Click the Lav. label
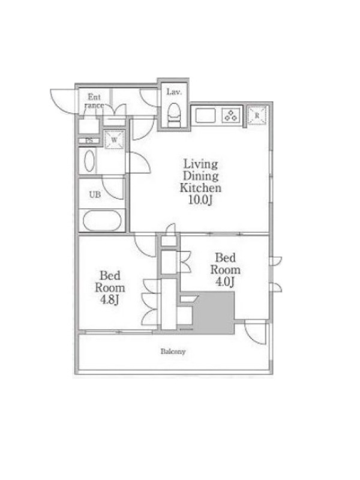point(174,92)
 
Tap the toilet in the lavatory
point(175,115)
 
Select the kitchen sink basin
point(205,115)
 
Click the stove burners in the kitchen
point(231,115)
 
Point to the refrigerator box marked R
point(257,116)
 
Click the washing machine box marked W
point(114,140)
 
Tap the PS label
point(89,141)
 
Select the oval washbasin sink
point(89,161)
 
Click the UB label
point(95,194)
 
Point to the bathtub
point(102,220)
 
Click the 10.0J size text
point(201,200)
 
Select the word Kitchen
point(201,187)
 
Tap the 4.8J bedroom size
point(110,300)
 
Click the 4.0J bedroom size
point(225,281)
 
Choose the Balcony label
point(173,352)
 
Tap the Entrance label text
point(94,101)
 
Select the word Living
point(201,164)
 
